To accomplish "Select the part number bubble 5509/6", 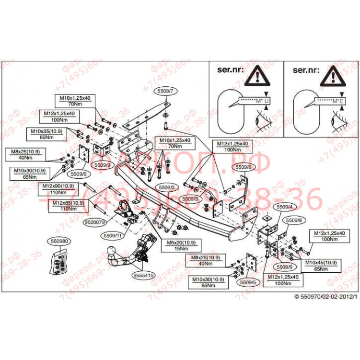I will tap(243, 167).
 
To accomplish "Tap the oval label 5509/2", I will tap(166, 187).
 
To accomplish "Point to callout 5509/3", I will tap(190, 198).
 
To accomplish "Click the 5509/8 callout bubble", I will tap(293, 221).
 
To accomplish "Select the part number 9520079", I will tap(94, 222).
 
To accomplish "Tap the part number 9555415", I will tap(143, 276).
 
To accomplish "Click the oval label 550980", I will tap(58, 242).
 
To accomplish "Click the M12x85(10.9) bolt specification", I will tap(68, 206).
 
